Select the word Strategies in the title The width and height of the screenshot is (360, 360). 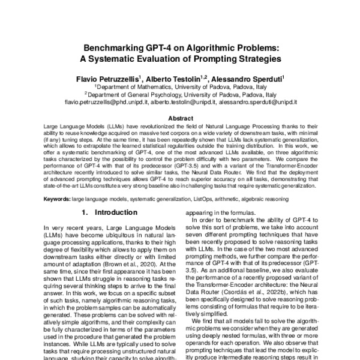pyautogui.click(x=259, y=59)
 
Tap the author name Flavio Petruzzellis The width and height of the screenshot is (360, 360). pyautogui.click(x=107, y=78)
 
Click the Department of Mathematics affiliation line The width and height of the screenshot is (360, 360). pyautogui.click(x=180, y=86)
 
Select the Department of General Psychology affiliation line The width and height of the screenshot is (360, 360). pyautogui.click(x=180, y=94)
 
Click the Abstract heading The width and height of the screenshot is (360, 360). pyautogui.click(x=180, y=119)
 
